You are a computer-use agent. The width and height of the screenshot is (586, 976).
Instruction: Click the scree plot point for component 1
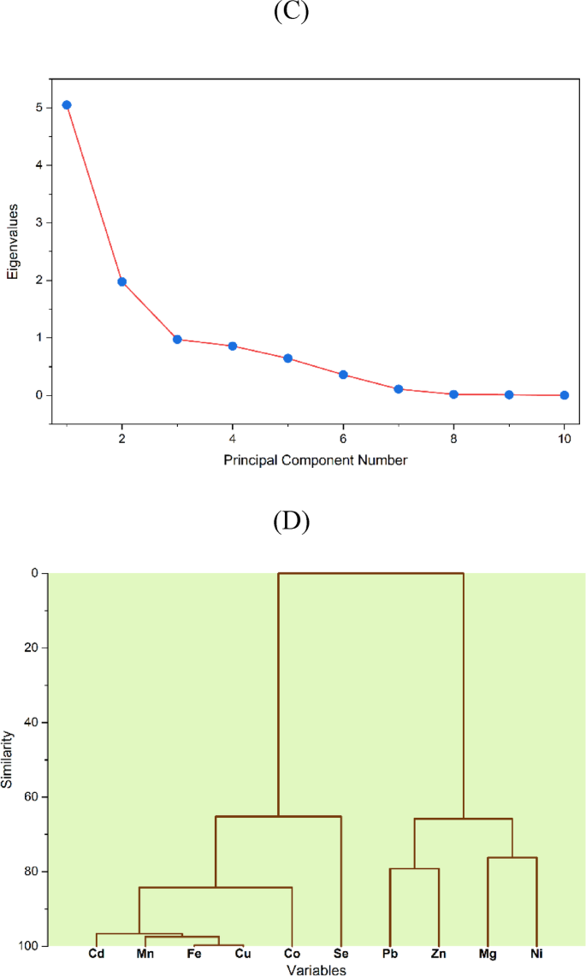click(67, 105)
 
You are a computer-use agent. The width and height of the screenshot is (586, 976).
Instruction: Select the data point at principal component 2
click(122, 281)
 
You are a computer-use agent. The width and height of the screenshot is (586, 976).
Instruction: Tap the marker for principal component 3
click(177, 340)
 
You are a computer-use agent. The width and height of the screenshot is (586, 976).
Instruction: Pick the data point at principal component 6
click(343, 375)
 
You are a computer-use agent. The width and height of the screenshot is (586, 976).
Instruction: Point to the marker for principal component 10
click(565, 395)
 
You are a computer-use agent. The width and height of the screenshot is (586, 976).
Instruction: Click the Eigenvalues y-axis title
click(13, 249)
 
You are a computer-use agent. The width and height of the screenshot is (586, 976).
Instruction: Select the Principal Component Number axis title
click(316, 460)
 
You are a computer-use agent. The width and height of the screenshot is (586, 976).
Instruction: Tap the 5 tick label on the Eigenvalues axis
click(39, 108)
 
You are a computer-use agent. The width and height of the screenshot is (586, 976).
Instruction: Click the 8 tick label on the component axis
click(453, 440)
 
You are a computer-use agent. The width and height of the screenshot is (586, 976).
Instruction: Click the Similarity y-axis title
click(9, 759)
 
